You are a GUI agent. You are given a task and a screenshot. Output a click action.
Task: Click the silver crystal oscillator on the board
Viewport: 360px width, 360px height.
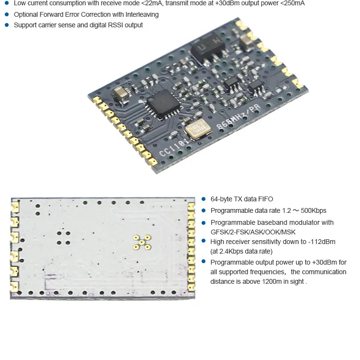[198, 130]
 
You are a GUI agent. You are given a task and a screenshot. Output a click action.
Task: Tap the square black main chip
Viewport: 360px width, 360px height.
[163, 105]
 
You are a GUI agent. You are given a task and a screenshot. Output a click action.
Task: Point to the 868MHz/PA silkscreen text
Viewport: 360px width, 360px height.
[239, 117]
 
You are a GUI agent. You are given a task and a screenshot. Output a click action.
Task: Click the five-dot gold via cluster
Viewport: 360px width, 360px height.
[142, 242]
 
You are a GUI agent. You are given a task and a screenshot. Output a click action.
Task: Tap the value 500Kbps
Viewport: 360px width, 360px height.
[313, 210]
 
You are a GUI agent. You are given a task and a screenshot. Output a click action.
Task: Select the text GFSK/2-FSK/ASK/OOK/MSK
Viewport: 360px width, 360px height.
[253, 232]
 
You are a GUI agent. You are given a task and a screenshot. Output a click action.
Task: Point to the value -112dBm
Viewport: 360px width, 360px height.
[322, 242]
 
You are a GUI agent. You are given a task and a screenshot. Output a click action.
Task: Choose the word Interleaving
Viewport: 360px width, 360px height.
[142, 15]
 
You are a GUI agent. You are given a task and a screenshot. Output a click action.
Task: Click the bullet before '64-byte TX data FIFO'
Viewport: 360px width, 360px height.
[204, 199]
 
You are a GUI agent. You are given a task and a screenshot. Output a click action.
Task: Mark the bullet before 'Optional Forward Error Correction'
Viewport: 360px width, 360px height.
[7, 14]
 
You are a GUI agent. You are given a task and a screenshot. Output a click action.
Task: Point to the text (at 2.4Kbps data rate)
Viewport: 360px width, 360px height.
[241, 251]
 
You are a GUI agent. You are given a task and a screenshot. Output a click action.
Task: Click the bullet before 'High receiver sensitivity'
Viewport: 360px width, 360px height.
[204, 241]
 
